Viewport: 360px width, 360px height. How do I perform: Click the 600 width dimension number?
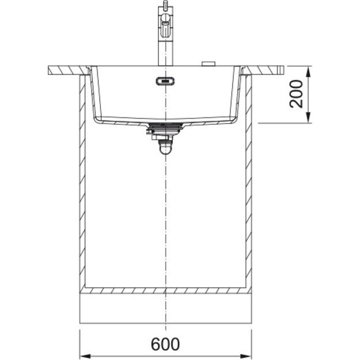(165, 344)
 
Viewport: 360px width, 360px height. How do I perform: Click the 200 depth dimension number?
(296, 94)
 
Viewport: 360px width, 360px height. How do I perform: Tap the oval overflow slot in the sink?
(165, 81)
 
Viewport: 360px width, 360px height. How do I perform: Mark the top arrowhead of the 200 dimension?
(308, 71)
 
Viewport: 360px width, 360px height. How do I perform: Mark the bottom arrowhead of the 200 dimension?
(308, 118)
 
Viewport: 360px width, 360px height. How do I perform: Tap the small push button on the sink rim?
(209, 63)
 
